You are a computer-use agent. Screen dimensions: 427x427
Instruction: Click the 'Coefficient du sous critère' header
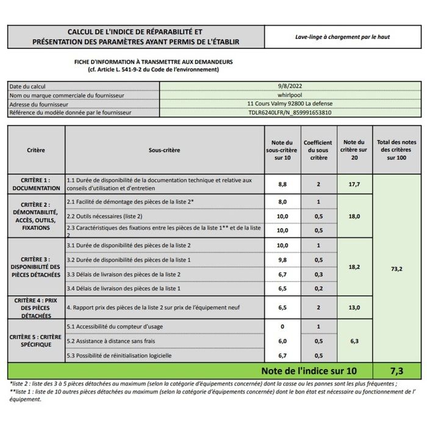(318, 149)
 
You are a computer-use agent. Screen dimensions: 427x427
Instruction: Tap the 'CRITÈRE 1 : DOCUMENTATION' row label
(36, 184)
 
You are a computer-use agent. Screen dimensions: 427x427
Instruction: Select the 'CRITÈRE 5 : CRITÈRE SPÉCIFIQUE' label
(36, 340)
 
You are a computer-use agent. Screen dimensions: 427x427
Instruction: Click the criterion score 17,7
(354, 184)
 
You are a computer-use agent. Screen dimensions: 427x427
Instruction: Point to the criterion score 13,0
(354, 308)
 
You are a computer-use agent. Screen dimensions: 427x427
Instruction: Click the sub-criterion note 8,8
(282, 184)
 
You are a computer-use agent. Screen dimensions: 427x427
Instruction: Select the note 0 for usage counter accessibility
(282, 327)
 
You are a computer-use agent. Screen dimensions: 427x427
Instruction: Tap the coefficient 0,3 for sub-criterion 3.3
(318, 274)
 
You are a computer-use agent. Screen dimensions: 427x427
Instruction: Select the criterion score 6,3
(354, 341)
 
